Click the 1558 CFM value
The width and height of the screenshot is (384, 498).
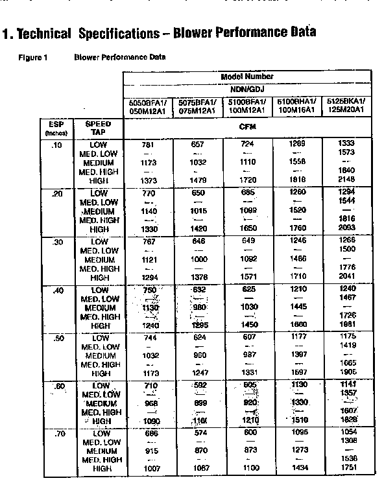[x=296, y=161]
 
